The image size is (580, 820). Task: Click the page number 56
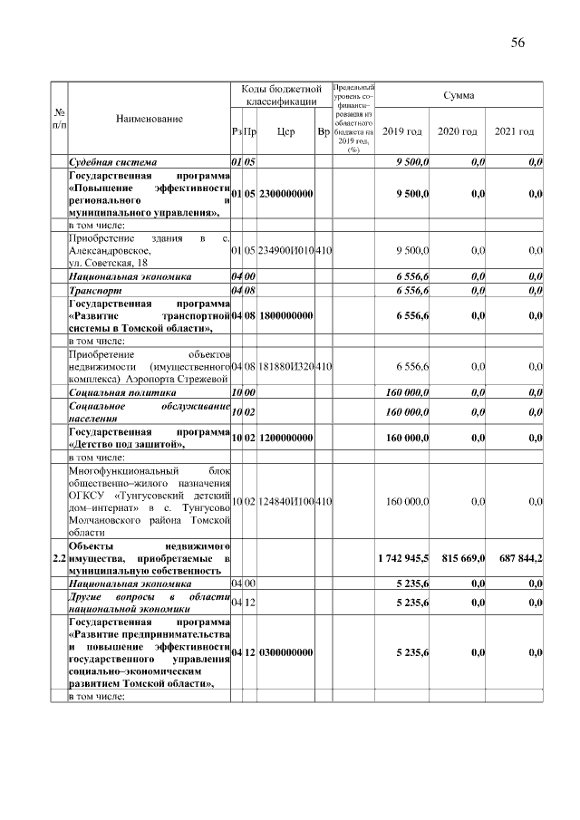tap(517, 43)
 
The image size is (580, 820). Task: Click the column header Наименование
tap(150, 119)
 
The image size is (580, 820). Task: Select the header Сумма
tap(459, 95)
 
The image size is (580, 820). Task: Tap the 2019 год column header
tap(401, 131)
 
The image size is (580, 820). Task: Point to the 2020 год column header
tap(458, 131)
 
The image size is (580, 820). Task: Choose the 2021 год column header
tap(514, 131)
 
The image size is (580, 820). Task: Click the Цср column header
tap(285, 131)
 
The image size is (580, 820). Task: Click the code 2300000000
tap(285, 193)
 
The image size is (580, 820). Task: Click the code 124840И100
tap(285, 500)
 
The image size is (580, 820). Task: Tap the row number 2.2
tap(58, 558)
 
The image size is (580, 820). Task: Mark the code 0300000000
tap(285, 652)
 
